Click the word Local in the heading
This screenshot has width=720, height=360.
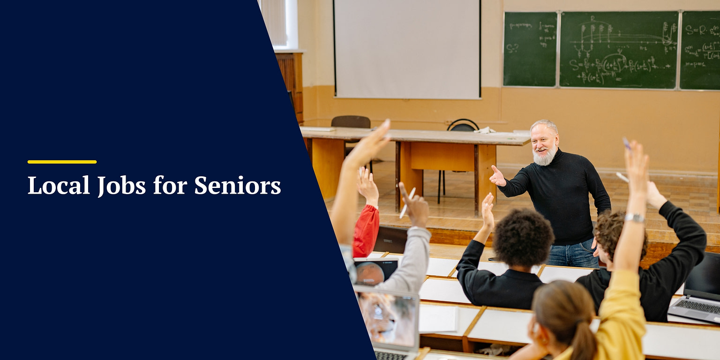[59, 185]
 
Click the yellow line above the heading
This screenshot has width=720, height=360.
[62, 162]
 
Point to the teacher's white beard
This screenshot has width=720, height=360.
[545, 157]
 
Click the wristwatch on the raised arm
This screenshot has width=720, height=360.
[635, 217]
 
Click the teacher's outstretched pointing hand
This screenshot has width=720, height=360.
[497, 177]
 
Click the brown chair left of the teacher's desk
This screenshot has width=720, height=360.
[350, 123]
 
